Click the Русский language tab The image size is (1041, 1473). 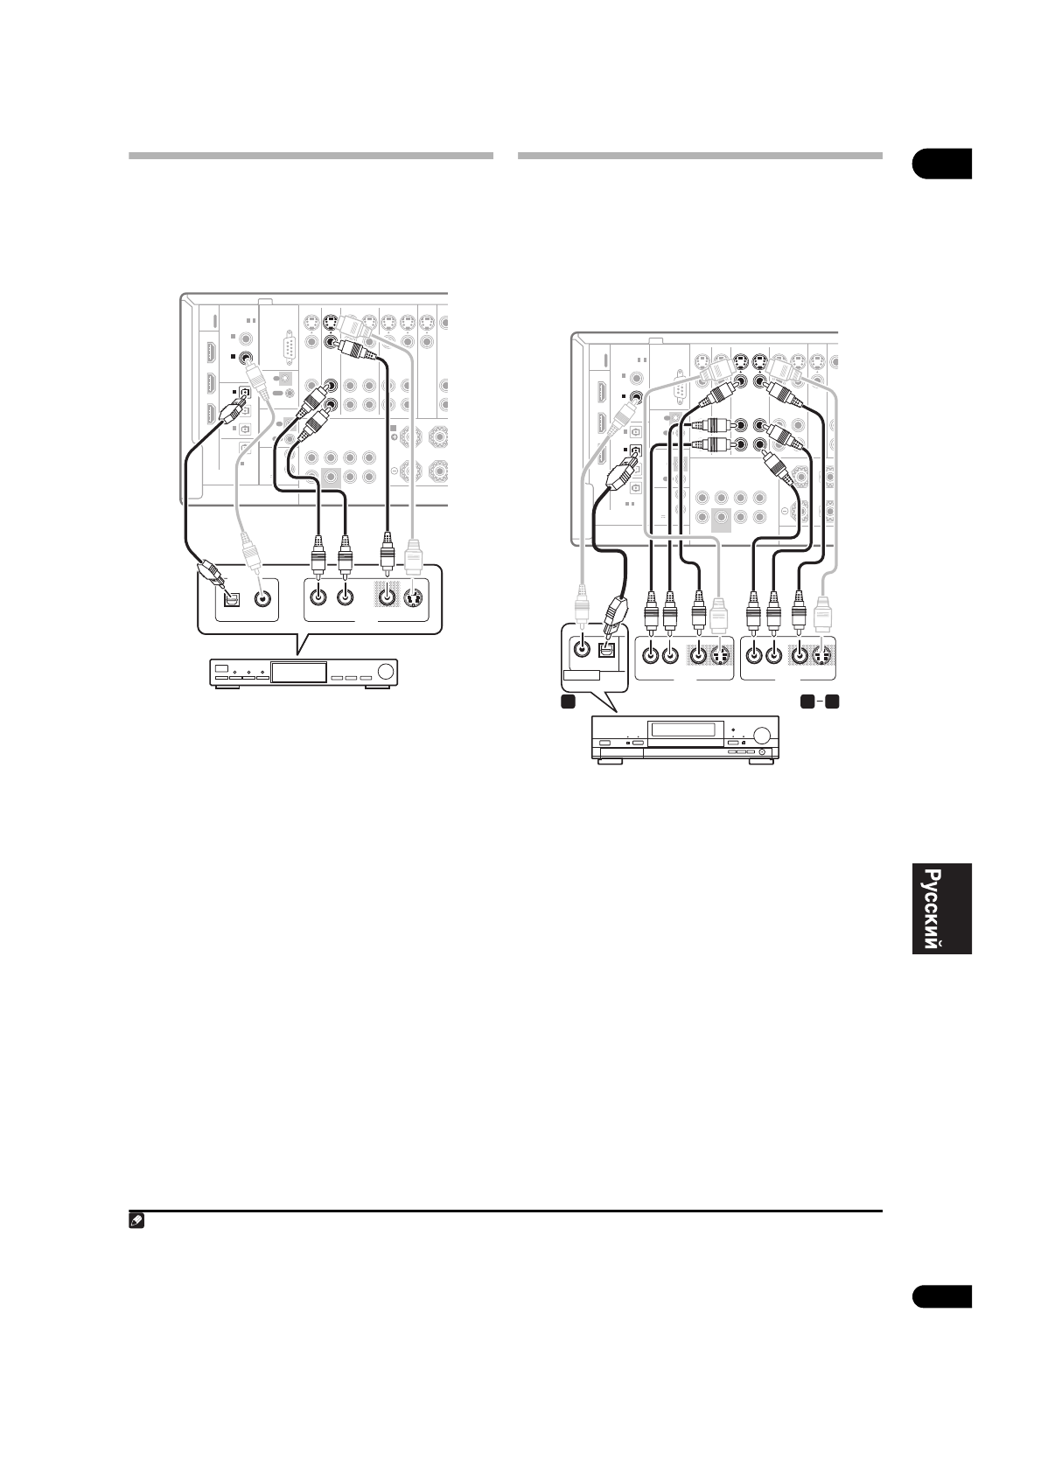click(941, 910)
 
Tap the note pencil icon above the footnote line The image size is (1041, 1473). click(136, 1219)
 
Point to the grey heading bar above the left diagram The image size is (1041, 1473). click(311, 156)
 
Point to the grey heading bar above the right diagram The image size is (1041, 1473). click(700, 156)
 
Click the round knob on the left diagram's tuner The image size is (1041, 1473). click(385, 673)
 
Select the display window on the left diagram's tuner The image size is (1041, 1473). click(297, 673)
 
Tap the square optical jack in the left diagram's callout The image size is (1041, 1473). click(233, 599)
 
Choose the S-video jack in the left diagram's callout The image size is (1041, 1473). click(415, 599)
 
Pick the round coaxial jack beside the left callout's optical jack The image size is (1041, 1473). click(262, 599)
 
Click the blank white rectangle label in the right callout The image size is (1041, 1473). click(581, 675)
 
